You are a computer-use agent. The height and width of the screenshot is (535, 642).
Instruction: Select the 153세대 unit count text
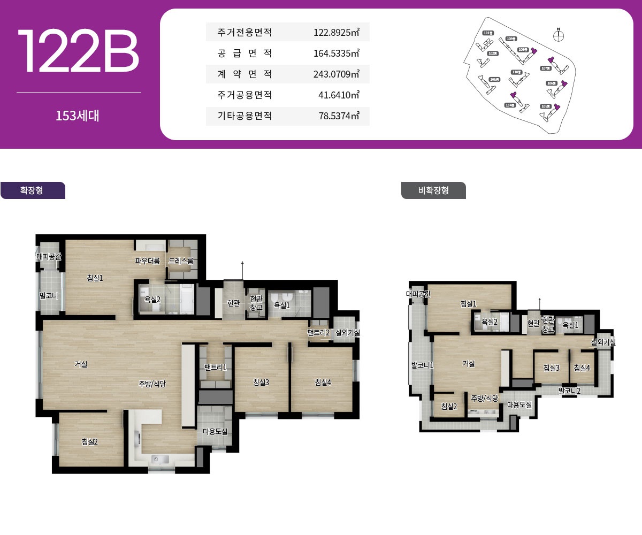pos(78,116)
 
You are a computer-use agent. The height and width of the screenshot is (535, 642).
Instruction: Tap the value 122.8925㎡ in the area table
pos(336,33)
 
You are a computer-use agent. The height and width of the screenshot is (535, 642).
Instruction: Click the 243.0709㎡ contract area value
pos(336,74)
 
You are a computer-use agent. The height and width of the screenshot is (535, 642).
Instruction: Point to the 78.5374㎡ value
pos(339,116)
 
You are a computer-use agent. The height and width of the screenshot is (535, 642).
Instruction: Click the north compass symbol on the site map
pos(559,36)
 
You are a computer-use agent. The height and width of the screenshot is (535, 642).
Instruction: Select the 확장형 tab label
pos(32,190)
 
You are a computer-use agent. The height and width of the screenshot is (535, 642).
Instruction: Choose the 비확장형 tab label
pos(433,190)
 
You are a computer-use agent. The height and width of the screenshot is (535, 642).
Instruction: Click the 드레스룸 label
pos(181,261)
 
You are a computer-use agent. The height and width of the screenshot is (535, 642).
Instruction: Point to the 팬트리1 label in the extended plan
pos(215,367)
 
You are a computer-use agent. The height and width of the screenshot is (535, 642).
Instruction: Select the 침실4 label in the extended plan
pos(323,382)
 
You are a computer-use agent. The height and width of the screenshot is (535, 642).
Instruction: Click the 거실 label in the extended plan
pos(81,364)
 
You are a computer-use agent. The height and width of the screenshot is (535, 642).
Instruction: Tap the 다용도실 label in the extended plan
pos(215,431)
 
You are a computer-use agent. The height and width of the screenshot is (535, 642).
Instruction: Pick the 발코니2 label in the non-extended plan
pos(569,391)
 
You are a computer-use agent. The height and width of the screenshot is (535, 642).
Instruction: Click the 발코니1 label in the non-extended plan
pos(422,365)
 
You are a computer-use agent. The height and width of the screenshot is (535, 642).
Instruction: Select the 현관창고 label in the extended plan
pos(256,303)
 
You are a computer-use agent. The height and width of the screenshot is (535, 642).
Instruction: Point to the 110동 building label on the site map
pos(516,72)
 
